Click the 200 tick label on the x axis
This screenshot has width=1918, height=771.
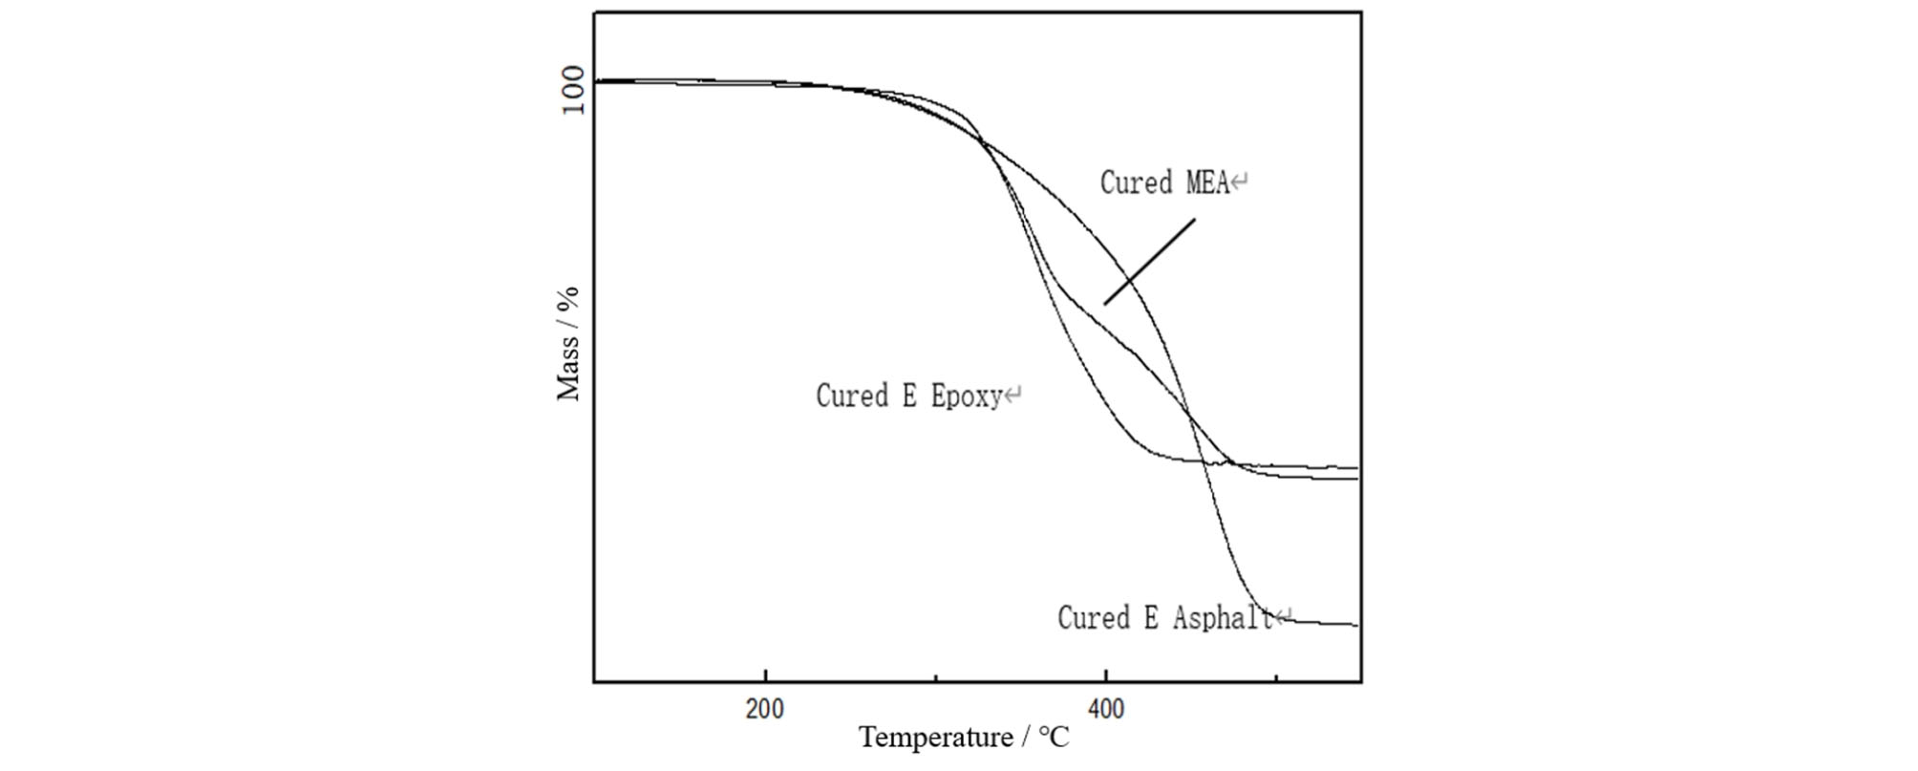[x=764, y=710]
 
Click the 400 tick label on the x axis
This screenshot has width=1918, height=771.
[x=1105, y=710]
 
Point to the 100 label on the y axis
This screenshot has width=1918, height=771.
[x=572, y=90]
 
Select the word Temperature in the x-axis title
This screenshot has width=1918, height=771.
[x=923, y=738]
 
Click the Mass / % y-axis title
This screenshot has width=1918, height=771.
[x=568, y=344]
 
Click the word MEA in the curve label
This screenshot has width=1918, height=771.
[x=1207, y=182]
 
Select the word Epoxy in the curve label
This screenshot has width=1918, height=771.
[x=966, y=396]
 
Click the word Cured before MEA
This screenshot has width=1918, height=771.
[x=1136, y=182]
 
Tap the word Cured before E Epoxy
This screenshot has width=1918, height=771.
[x=851, y=396]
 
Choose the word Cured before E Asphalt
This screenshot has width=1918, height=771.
[x=1093, y=618]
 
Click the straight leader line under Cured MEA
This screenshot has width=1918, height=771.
[x=1149, y=262]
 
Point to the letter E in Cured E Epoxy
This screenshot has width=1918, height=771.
[x=909, y=396]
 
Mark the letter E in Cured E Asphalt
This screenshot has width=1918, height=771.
[x=1151, y=618]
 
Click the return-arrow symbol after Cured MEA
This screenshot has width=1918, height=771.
[x=1240, y=182]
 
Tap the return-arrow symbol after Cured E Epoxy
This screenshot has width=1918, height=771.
[x=1012, y=395]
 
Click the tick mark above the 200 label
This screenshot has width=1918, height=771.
[x=765, y=676]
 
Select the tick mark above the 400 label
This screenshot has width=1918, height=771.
[x=1105, y=676]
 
